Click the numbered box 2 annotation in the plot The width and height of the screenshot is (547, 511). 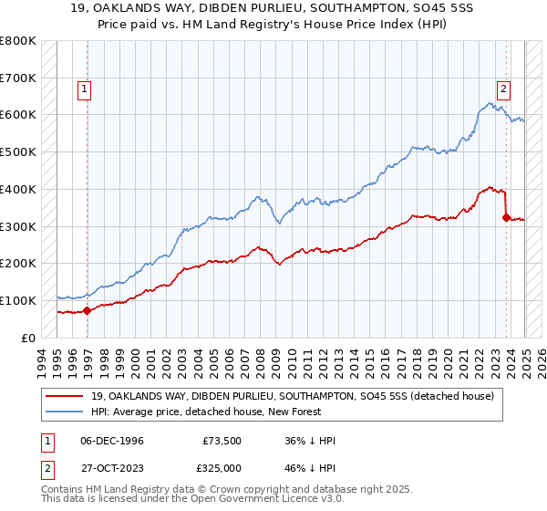(502, 89)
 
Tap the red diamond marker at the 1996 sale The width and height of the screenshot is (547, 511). (88, 310)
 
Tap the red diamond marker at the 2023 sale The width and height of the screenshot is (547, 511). (506, 217)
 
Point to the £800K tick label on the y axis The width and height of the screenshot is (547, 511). (18, 41)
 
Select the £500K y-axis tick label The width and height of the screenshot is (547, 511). (18, 152)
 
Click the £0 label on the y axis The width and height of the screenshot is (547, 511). (28, 338)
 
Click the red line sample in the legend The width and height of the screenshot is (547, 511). (65, 396)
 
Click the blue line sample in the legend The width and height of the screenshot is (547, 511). (65, 412)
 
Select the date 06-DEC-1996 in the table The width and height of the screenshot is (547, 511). (111, 441)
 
